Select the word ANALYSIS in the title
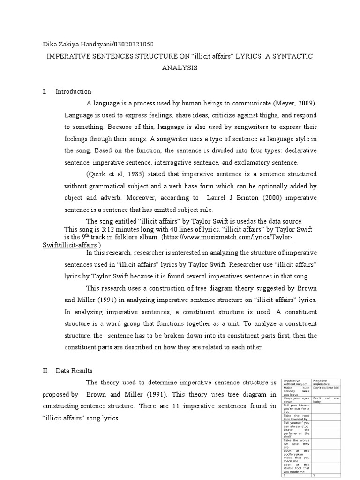click(180, 68)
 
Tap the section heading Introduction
click(73, 91)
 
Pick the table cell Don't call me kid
click(327, 388)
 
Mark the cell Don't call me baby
click(327, 399)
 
